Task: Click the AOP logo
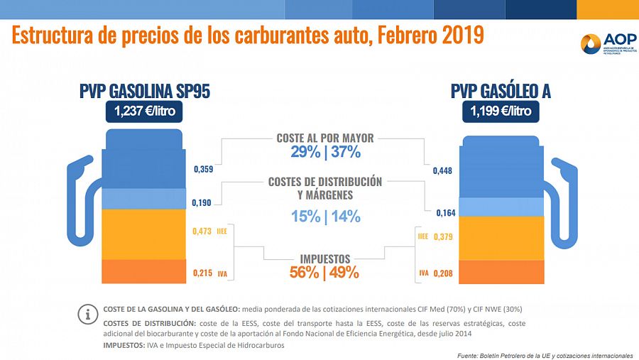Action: [604, 45]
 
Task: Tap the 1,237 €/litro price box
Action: [145, 111]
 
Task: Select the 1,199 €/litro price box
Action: [501, 111]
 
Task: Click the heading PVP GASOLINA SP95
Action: [145, 91]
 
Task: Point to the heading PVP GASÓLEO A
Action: [501, 91]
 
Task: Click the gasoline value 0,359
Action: [203, 170]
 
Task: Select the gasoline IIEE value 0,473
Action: [203, 230]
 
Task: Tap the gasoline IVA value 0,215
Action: [203, 272]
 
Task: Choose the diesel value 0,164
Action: [444, 212]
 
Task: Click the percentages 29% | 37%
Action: [325, 152]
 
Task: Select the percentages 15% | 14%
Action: [325, 217]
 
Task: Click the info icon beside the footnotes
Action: [88, 312]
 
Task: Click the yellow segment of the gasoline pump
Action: [146, 234]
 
